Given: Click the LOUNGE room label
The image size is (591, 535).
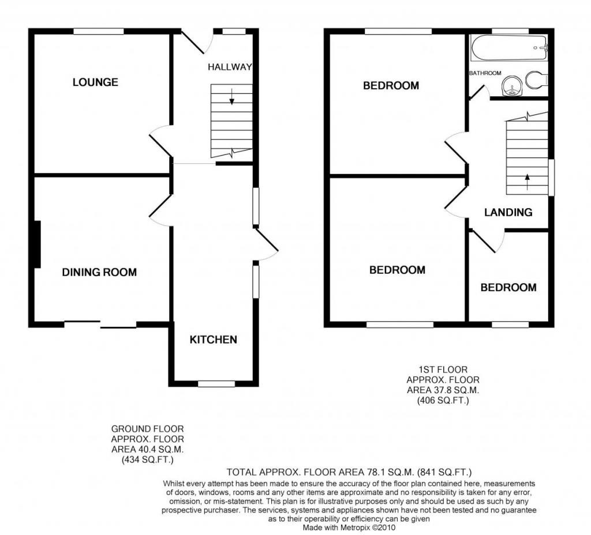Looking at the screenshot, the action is (x=95, y=82).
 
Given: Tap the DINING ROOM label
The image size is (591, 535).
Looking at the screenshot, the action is (x=99, y=272).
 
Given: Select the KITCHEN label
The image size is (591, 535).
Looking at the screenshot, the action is (x=214, y=340).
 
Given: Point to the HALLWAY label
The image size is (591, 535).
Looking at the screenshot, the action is (x=230, y=67).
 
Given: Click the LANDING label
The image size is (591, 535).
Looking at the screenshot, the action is (x=508, y=212).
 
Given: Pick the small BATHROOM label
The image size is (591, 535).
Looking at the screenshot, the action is (x=485, y=73).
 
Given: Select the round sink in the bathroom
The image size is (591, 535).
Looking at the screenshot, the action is (x=512, y=85).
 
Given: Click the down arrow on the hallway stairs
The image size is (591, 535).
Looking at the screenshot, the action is (x=232, y=96).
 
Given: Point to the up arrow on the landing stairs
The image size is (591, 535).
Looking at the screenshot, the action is (x=528, y=180).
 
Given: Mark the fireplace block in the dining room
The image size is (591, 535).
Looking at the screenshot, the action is (x=38, y=244).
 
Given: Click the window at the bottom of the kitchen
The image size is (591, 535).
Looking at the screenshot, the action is (x=216, y=383).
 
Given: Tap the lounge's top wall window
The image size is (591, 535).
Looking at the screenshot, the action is (x=99, y=31).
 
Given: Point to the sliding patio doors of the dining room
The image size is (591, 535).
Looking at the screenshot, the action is (x=100, y=324).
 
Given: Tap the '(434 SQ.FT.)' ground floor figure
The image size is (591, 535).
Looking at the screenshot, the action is (x=147, y=459).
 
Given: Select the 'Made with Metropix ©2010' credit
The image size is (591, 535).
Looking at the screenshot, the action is (x=349, y=528).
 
